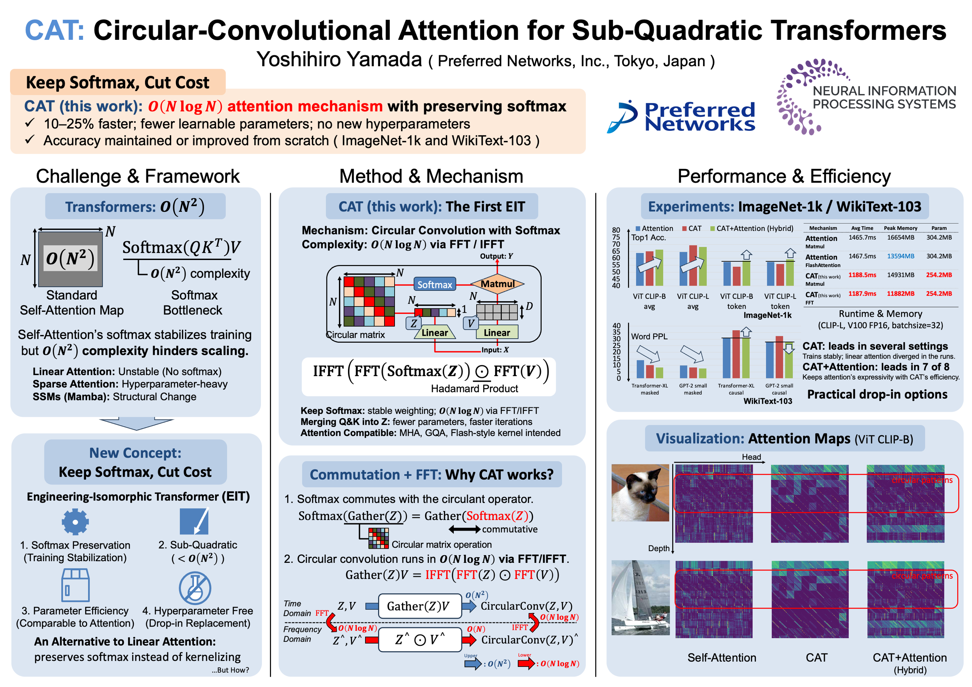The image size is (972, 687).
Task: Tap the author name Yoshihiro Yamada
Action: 339,59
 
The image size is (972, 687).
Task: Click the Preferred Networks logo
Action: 681,116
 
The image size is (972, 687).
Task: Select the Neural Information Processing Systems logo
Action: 866,97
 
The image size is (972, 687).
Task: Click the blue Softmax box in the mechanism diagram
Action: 434,285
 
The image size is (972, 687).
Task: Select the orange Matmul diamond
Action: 497,284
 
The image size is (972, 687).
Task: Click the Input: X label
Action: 495,350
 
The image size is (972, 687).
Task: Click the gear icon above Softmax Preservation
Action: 75,522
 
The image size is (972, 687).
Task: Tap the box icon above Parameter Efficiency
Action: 75,585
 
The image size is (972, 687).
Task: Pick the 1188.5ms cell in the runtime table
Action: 862,275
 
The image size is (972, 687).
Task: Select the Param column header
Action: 939,228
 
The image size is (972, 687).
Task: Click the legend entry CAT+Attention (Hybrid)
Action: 752,228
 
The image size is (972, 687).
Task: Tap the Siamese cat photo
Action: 640,493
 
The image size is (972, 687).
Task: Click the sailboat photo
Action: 641,597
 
